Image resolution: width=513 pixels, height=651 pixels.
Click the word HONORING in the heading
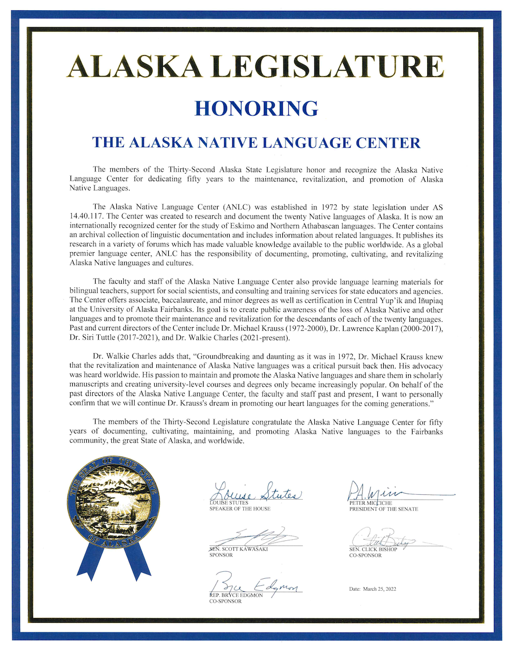[x=256, y=107]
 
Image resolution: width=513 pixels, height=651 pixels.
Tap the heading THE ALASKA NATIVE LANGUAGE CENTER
[x=256, y=143]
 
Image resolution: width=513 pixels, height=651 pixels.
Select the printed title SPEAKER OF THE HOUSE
[x=239, y=509]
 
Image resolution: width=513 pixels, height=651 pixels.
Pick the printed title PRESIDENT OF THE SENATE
[x=383, y=509]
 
